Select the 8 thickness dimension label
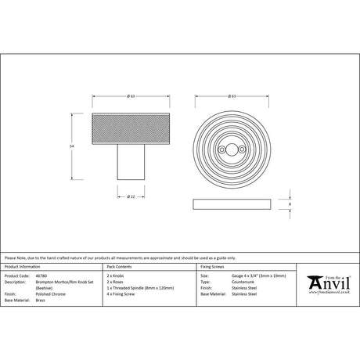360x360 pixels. pos(290,203)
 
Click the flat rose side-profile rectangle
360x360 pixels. pos(231,204)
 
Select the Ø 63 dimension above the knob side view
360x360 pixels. pos(132,96)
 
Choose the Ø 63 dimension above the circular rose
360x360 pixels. pos(232,96)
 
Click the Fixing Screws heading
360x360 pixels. pos(213,268)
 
